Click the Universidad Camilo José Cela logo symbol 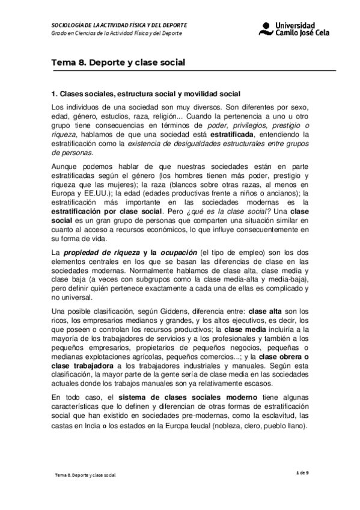[265, 28]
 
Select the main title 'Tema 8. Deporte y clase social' [118, 63]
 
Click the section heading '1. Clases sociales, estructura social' [147, 94]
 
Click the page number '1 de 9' [304, 473]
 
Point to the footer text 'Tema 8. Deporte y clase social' [85, 475]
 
